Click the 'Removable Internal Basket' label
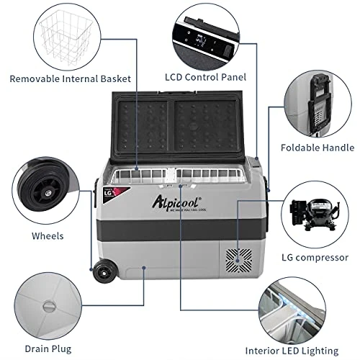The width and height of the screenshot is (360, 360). pyautogui.click(x=71, y=78)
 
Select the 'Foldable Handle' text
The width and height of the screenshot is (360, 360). pyautogui.click(x=317, y=148)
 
